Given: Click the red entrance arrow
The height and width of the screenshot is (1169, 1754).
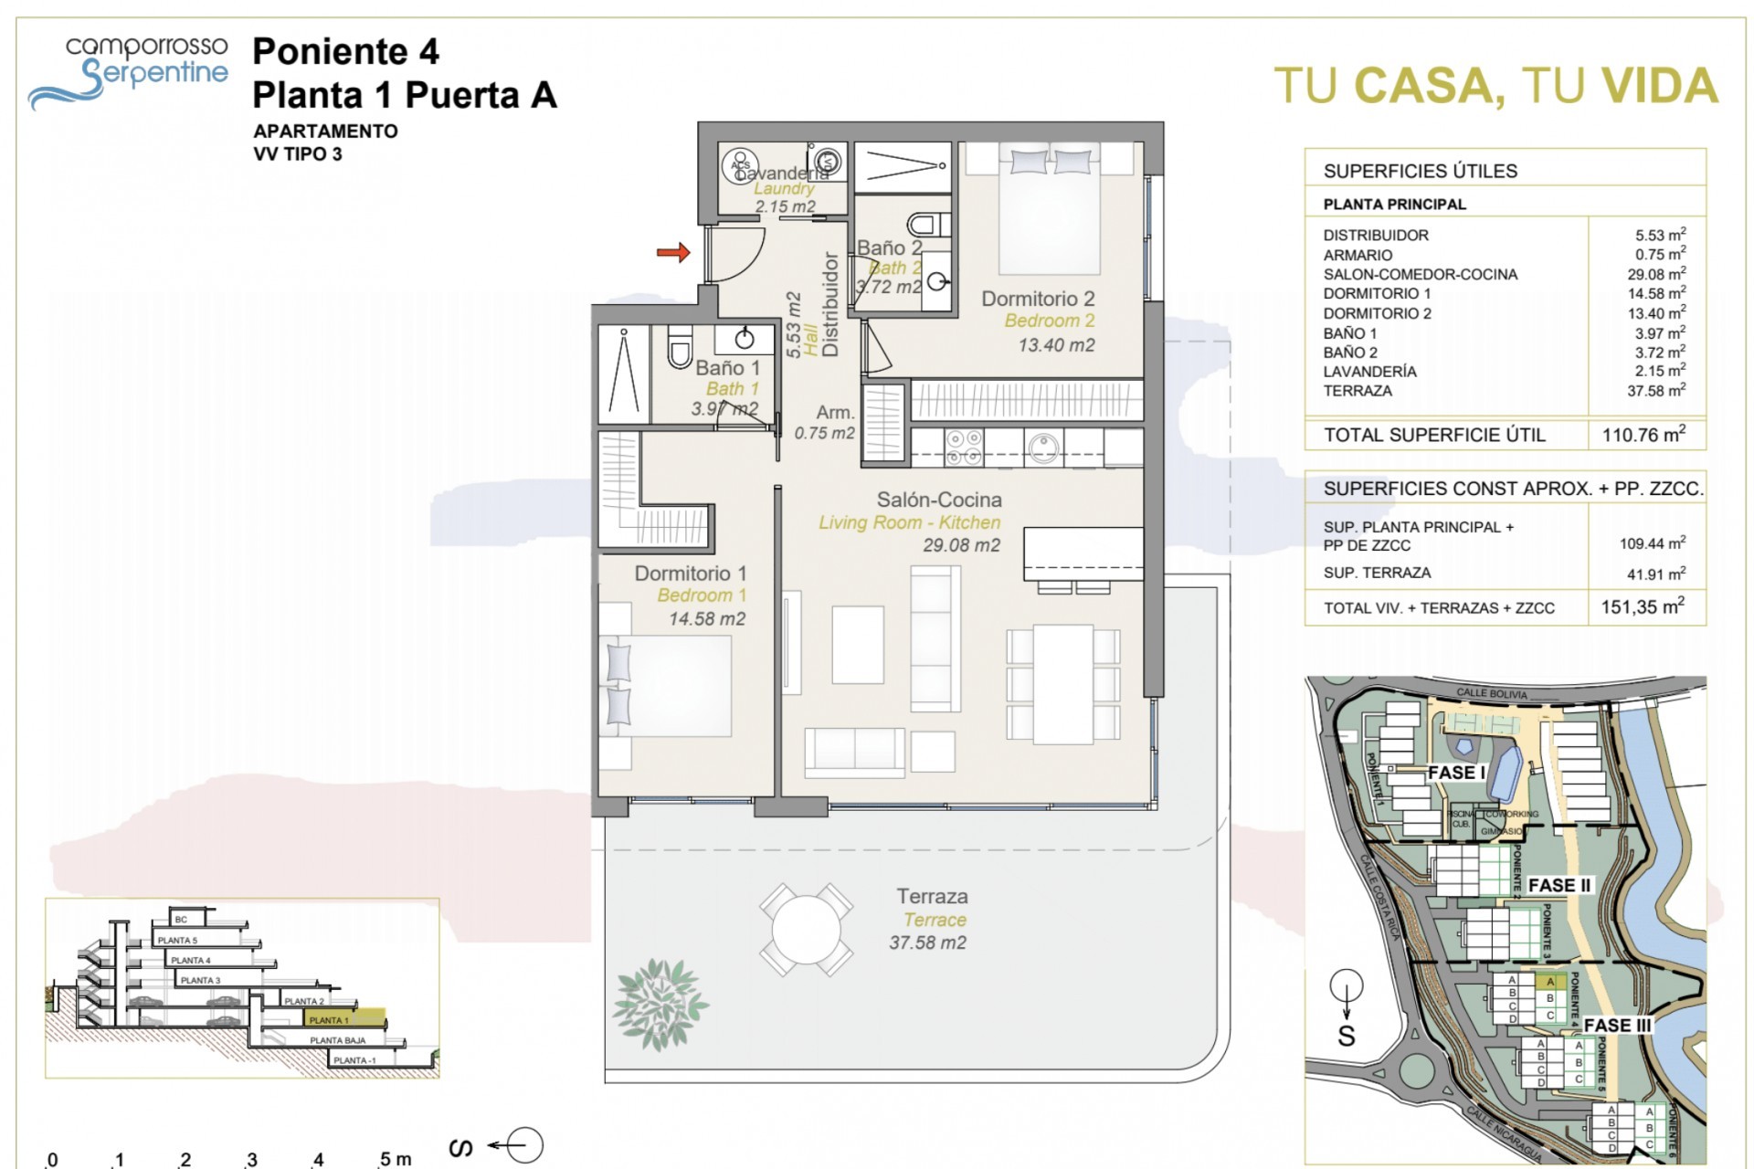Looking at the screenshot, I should (x=673, y=252).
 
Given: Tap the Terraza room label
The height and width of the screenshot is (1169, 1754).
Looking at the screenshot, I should (x=932, y=897).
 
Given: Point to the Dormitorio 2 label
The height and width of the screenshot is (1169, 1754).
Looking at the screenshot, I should (x=1038, y=299).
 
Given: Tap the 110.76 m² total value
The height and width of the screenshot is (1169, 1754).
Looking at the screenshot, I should (x=1643, y=435).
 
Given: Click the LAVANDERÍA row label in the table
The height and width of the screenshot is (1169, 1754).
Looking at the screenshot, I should (x=1369, y=371).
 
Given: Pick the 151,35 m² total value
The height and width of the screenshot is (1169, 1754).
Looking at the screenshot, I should (x=1642, y=606).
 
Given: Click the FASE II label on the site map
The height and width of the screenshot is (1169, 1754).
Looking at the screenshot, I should (x=1559, y=885).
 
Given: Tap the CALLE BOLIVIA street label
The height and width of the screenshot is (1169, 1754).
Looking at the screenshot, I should (x=1491, y=694).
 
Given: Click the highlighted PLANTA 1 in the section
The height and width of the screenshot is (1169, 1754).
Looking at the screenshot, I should (x=330, y=1019).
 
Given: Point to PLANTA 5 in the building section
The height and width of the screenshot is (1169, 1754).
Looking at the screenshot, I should (x=177, y=940).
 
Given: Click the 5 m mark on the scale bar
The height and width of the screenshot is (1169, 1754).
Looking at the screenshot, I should (x=395, y=1159).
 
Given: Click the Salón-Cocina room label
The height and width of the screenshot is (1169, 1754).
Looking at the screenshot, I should (x=939, y=500).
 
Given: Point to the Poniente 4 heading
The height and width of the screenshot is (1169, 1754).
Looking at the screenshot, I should (x=345, y=52).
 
